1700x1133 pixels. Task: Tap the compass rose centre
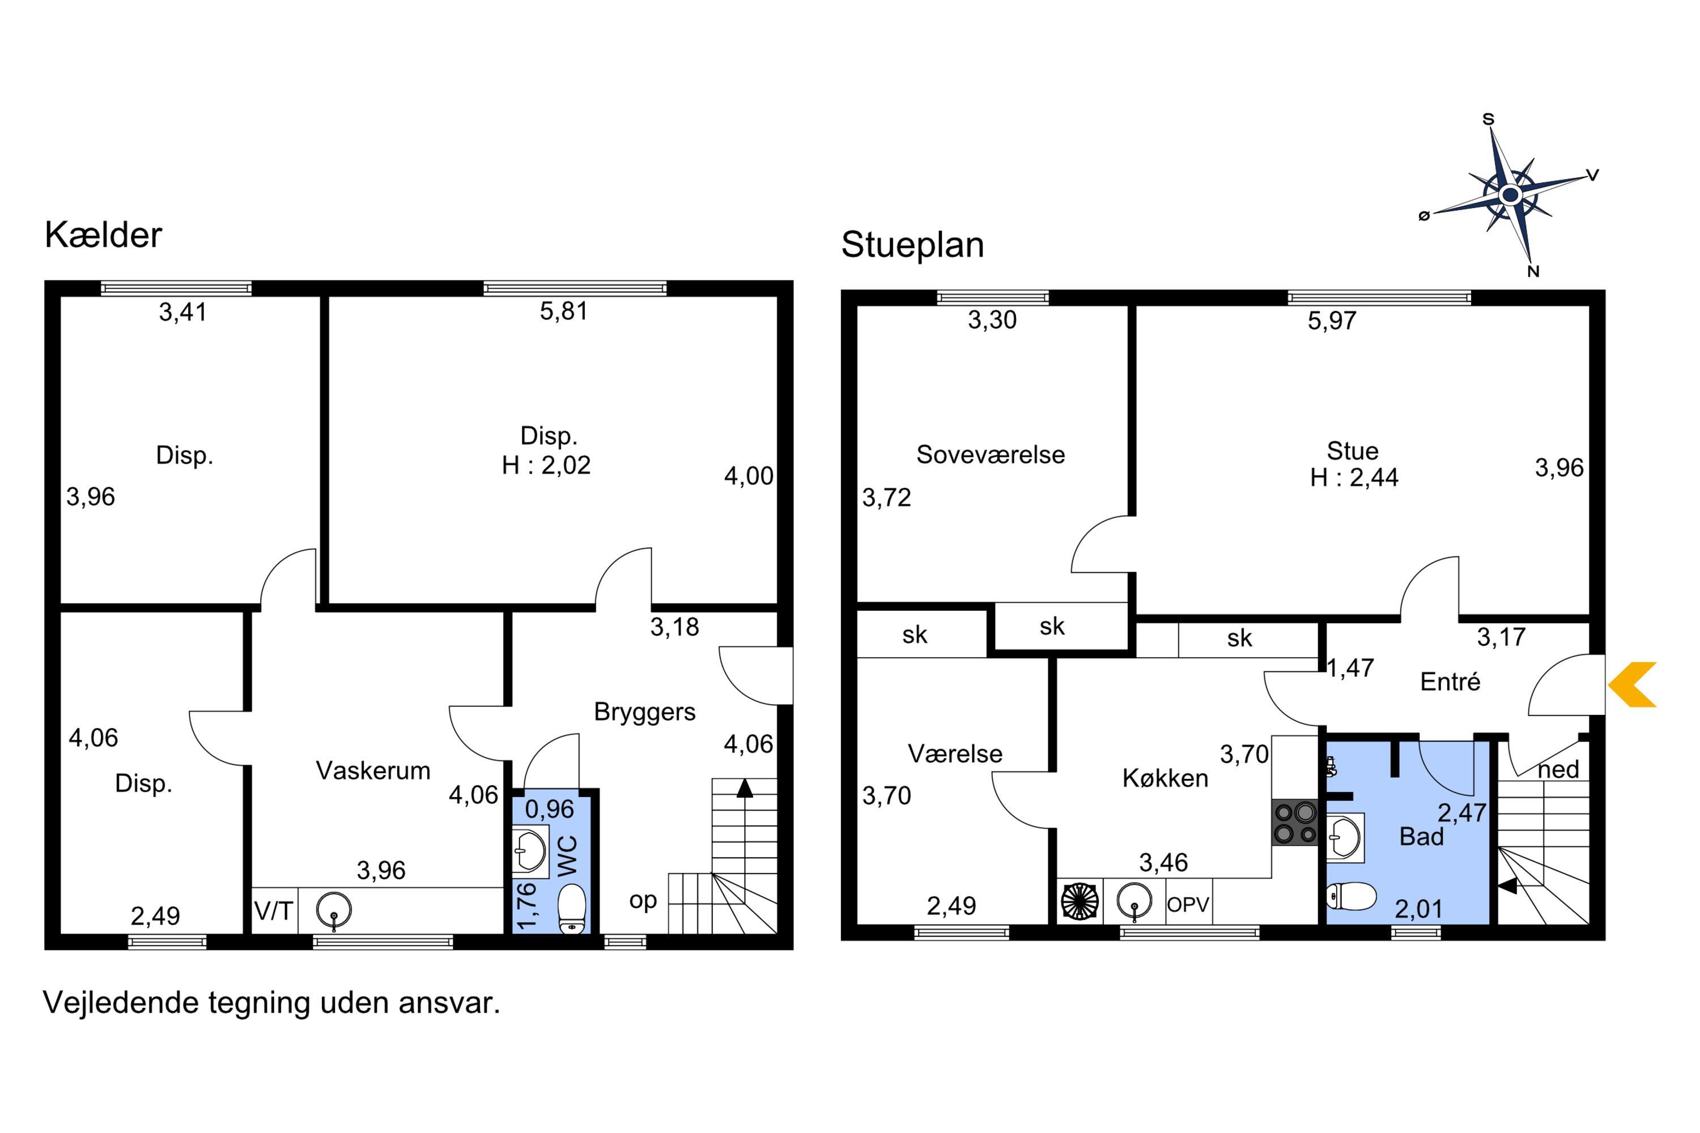(1510, 194)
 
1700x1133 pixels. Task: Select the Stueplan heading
(912, 245)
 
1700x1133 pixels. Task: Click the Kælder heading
(103, 235)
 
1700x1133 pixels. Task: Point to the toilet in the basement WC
(572, 909)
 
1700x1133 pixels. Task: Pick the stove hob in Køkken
(1294, 823)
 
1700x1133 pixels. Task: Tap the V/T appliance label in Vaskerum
(273, 911)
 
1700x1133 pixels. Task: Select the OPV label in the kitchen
(1188, 904)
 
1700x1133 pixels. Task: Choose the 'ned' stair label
(1558, 769)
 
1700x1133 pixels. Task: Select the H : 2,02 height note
(546, 465)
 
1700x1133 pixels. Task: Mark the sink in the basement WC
(530, 851)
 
